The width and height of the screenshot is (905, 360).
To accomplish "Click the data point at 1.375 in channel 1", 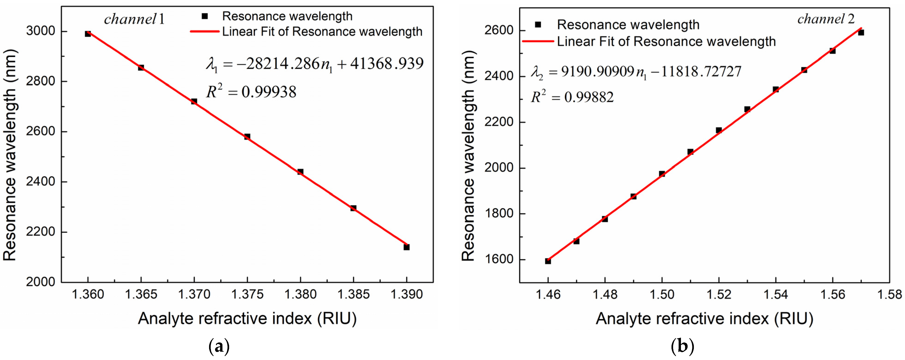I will coord(247,137).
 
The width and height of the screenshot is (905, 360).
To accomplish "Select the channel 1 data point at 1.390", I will coord(407,247).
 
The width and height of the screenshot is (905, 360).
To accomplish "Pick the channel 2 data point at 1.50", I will coord(662,174).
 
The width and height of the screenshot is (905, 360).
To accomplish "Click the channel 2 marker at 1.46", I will coord(548,261).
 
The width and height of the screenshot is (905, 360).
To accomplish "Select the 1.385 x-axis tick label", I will coord(354,294).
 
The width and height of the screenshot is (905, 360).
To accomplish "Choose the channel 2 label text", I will coord(826,19).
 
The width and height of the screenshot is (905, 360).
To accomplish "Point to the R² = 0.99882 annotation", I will coord(572,97).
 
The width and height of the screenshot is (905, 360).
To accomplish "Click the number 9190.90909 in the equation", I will coord(598,72).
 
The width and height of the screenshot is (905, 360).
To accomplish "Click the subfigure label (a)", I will coord(219,347).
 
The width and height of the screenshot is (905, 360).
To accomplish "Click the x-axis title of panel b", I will coord(704,318).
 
